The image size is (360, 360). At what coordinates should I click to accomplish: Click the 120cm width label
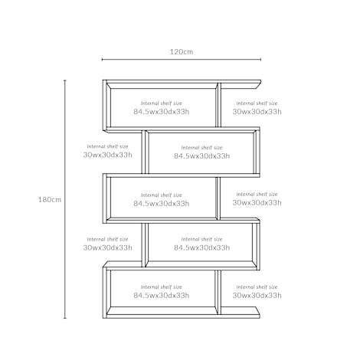pyautogui.click(x=182, y=52)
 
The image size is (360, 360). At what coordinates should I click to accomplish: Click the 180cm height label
pyautogui.click(x=50, y=200)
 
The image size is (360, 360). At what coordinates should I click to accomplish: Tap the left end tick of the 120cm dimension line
pyautogui.click(x=102, y=60)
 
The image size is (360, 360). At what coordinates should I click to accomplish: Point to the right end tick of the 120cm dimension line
pyautogui.click(x=260, y=60)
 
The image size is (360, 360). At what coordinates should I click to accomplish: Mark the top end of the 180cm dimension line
pyautogui.click(x=65, y=80)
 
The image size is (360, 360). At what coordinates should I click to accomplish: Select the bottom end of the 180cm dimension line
pyautogui.click(x=65, y=318)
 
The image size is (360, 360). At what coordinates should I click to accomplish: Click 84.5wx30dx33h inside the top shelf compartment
pyautogui.click(x=162, y=112)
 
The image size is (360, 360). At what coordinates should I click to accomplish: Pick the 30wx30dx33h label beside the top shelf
pyautogui.click(x=257, y=112)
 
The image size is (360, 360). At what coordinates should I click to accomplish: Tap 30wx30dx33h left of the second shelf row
pyautogui.click(x=107, y=155)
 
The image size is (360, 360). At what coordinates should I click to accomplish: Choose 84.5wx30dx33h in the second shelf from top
pyautogui.click(x=202, y=155)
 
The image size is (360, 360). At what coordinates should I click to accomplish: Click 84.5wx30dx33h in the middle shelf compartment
pyautogui.click(x=162, y=204)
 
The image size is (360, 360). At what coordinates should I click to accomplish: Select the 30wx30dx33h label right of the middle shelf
pyautogui.click(x=257, y=203)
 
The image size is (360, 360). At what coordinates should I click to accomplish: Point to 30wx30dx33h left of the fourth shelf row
pyautogui.click(x=107, y=247)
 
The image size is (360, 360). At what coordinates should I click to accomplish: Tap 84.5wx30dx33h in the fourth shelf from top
pyautogui.click(x=202, y=247)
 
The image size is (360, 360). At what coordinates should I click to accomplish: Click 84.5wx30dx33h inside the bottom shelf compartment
pyautogui.click(x=162, y=296)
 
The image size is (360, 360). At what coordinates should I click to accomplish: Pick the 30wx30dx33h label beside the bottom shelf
pyautogui.click(x=257, y=296)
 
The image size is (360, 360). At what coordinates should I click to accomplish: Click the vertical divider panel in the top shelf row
pyautogui.click(x=218, y=105)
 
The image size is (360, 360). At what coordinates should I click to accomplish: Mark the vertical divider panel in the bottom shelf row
pyautogui.click(x=218, y=293)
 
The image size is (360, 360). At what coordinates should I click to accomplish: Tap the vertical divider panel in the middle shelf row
pyautogui.click(x=218, y=198)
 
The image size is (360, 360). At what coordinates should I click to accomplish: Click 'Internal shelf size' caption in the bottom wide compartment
pyautogui.click(x=162, y=287)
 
